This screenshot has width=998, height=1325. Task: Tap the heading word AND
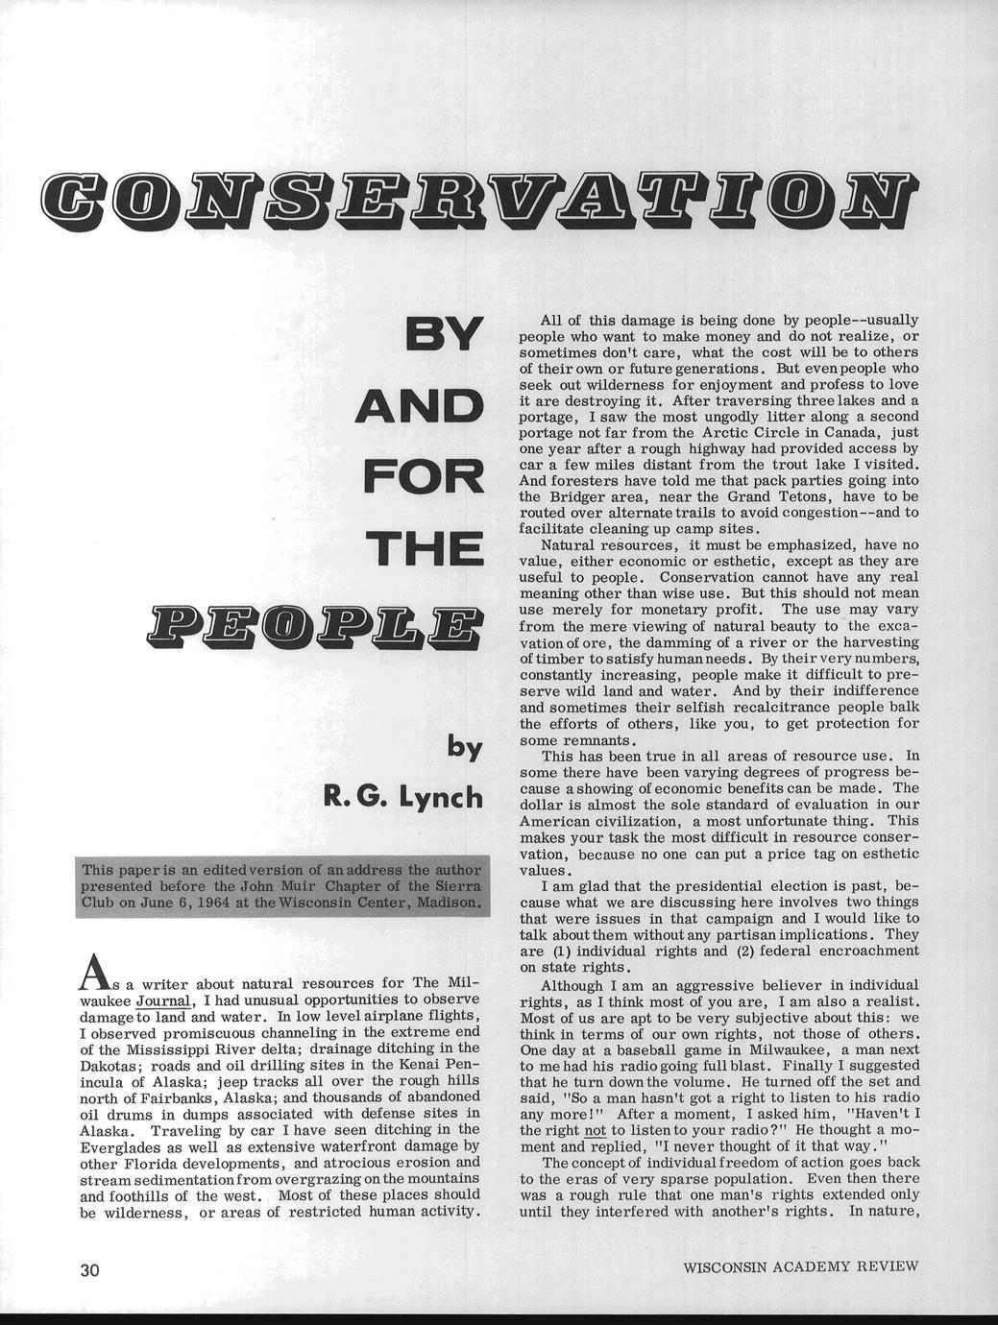pos(420,405)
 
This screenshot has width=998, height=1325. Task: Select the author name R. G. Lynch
pos(402,796)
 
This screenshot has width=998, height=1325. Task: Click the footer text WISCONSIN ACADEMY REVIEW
pos(800,1266)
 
